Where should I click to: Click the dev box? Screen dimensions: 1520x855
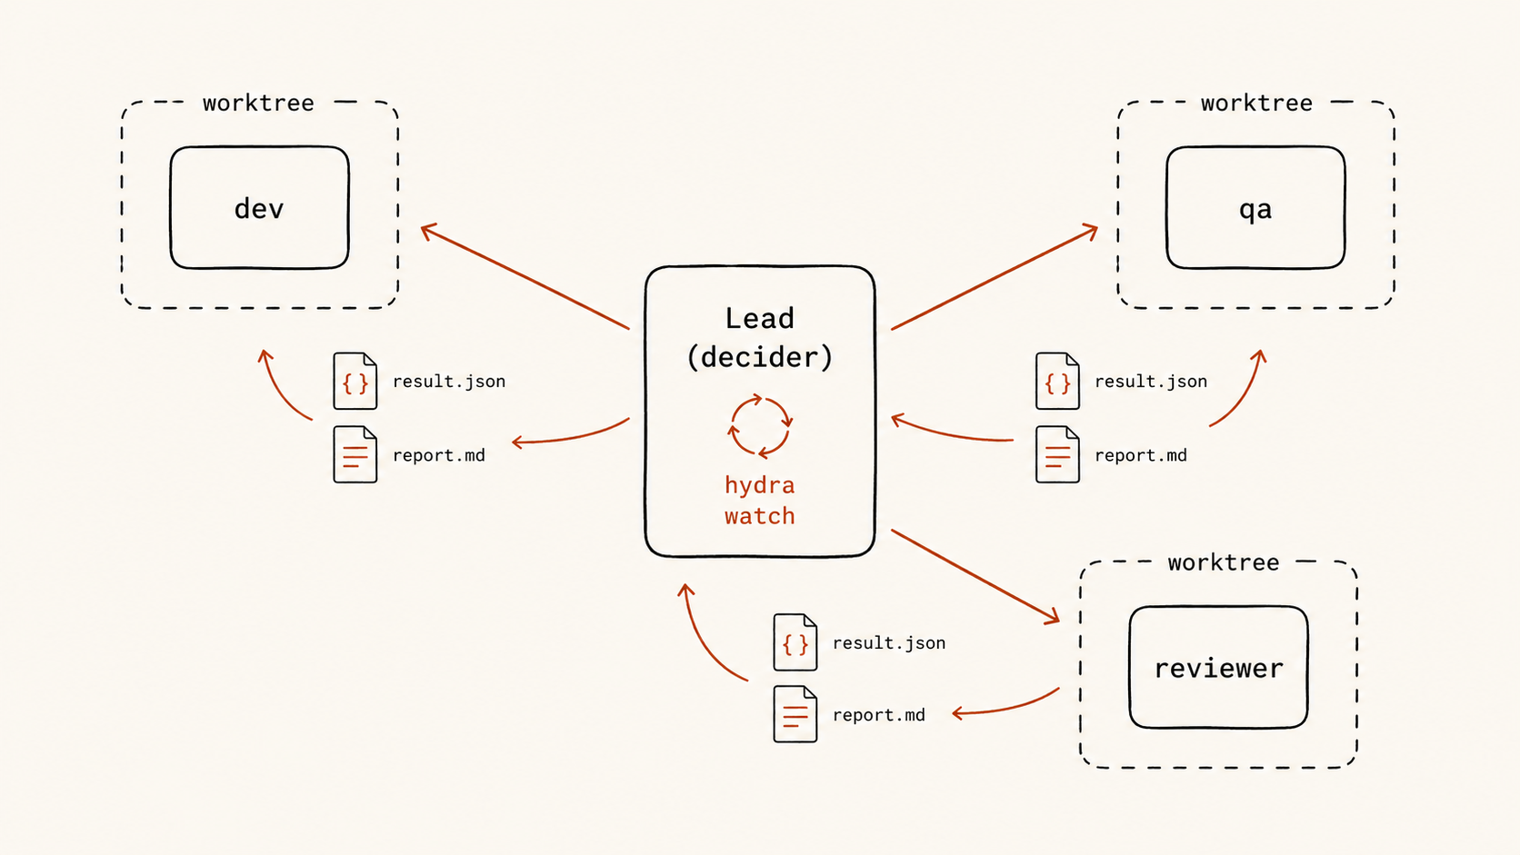[x=259, y=207]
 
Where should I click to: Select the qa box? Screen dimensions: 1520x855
[x=1255, y=207]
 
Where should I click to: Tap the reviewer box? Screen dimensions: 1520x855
[x=1219, y=667]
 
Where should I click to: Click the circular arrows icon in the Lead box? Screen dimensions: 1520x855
[x=760, y=426]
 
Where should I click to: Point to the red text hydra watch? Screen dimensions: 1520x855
[x=760, y=501]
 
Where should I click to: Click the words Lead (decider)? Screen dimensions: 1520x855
[x=760, y=338]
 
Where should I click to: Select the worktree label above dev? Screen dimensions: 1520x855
[x=258, y=103]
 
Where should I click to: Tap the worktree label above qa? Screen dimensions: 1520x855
[x=1256, y=103]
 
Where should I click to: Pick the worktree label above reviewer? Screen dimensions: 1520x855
[x=1224, y=562]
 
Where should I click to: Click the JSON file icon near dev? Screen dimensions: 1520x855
[x=355, y=381]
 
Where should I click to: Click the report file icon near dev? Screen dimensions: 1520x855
[x=355, y=454]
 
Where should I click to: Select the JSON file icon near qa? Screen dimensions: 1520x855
[x=1057, y=381]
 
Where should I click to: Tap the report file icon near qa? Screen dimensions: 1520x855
[x=1057, y=454]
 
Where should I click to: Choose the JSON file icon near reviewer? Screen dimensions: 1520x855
[x=795, y=642]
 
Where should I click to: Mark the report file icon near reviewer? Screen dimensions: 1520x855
[x=795, y=714]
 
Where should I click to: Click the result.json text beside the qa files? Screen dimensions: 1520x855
[x=1151, y=382]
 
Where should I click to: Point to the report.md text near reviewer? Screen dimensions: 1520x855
[x=879, y=715]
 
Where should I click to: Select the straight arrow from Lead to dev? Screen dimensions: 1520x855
[x=525, y=276]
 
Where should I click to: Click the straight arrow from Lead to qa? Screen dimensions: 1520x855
[x=995, y=276]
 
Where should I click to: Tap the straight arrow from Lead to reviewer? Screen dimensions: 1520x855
[x=975, y=576]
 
